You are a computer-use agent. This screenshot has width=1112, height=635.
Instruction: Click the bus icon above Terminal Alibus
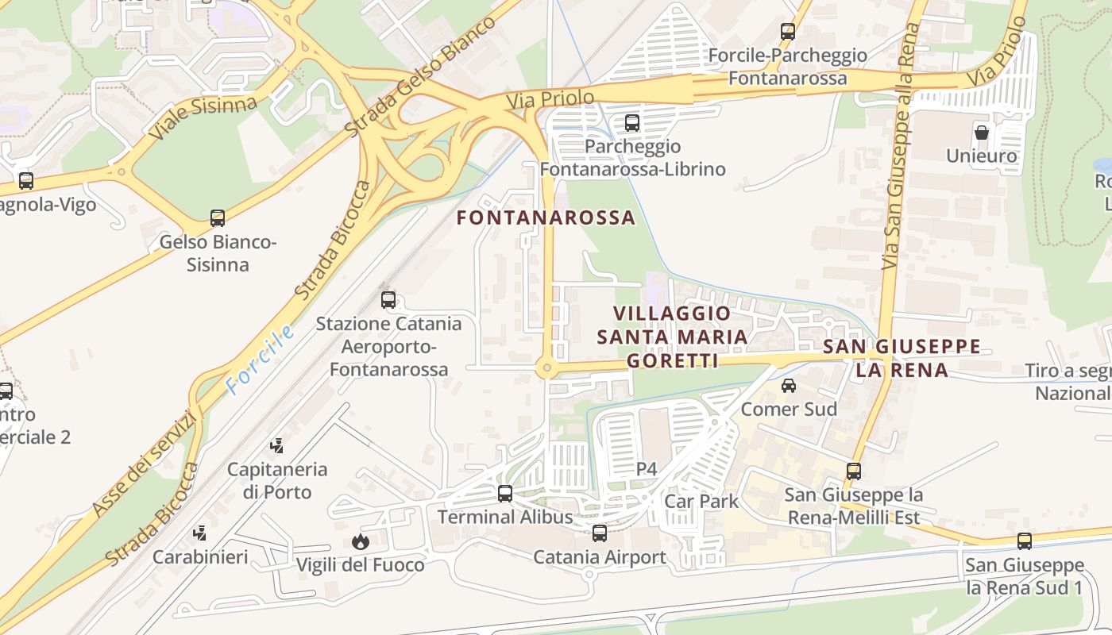(x=504, y=494)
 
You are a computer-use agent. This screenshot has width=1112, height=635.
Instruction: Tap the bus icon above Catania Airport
(x=600, y=533)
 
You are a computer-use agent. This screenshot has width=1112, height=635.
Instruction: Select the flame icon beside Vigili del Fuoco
(x=361, y=542)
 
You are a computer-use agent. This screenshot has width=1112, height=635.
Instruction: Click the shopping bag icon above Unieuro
(x=982, y=132)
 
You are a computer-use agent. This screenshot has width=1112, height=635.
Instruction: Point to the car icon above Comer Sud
(x=788, y=386)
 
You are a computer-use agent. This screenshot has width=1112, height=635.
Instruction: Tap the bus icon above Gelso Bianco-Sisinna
(x=217, y=218)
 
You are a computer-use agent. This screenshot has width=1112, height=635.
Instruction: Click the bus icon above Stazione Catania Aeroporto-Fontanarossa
(x=388, y=300)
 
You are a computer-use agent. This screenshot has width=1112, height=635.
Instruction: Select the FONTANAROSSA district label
(x=546, y=217)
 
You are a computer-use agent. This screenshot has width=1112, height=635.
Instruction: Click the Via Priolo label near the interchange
(x=550, y=99)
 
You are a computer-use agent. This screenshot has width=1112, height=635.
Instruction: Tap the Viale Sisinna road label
(x=203, y=117)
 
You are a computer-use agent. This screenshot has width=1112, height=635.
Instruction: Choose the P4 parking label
(x=647, y=469)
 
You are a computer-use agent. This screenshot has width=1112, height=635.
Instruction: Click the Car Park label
(x=701, y=502)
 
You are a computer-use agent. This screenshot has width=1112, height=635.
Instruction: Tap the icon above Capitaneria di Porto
(x=277, y=446)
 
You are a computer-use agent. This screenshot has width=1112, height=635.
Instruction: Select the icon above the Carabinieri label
(x=201, y=533)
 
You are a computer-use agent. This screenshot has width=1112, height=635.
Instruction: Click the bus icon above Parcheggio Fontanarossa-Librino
(x=632, y=123)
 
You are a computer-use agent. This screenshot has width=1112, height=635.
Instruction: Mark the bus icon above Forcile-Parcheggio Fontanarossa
(x=787, y=32)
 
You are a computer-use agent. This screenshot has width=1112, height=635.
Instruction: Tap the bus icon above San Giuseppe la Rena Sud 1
(x=1025, y=541)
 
